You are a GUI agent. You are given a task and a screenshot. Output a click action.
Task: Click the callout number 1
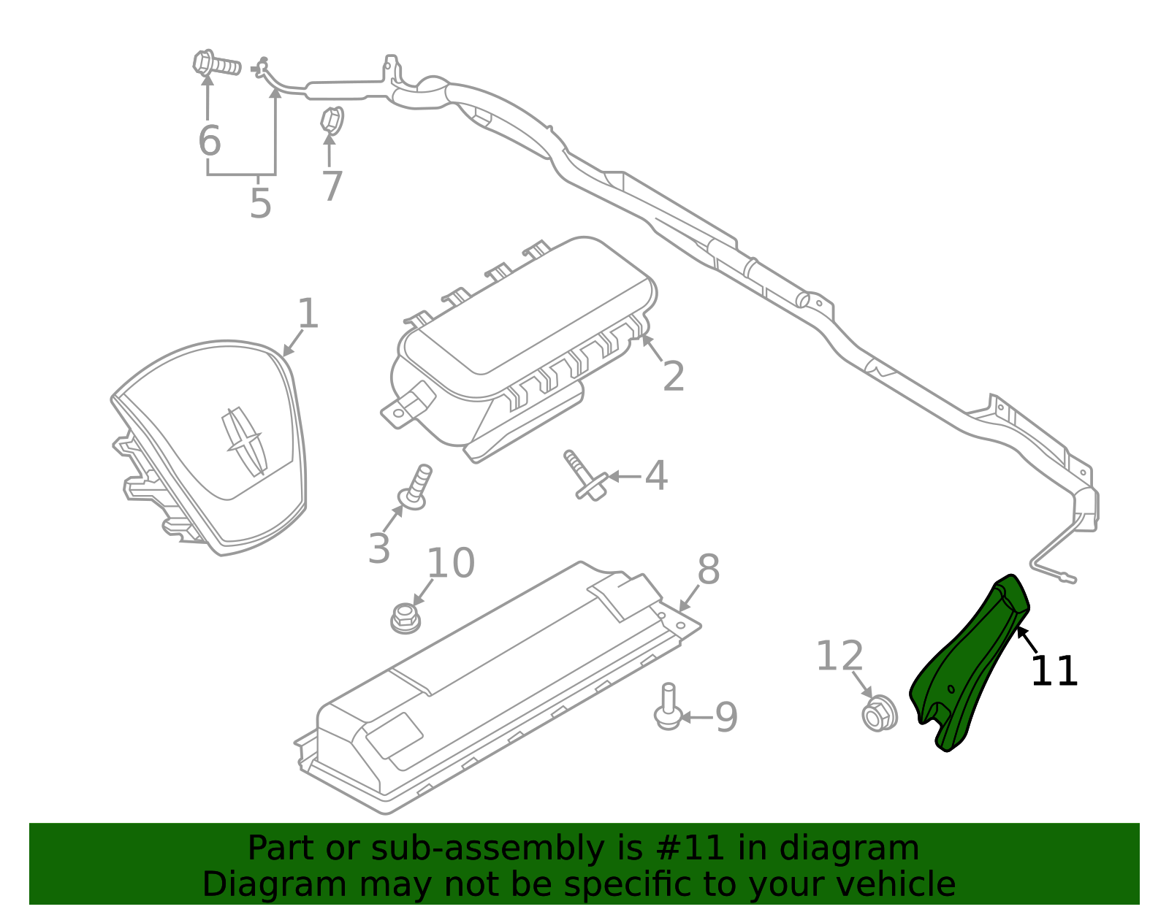click(x=308, y=314)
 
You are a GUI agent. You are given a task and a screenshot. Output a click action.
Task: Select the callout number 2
click(x=673, y=377)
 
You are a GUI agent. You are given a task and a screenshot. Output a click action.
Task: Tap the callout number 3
click(x=379, y=548)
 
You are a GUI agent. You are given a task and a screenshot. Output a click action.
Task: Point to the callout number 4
click(x=655, y=476)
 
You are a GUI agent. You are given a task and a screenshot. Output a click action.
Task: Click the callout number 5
click(x=260, y=204)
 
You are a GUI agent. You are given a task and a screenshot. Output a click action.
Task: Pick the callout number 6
click(x=209, y=140)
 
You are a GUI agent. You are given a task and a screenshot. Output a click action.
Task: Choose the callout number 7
click(x=332, y=187)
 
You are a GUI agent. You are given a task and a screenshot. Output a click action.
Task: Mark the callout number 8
click(x=708, y=570)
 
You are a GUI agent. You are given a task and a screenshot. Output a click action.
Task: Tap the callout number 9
click(x=726, y=718)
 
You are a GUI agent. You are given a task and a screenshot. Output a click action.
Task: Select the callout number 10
click(x=450, y=564)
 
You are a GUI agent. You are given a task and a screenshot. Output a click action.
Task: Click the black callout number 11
click(x=1054, y=671)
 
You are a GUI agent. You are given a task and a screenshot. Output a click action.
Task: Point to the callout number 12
click(x=839, y=656)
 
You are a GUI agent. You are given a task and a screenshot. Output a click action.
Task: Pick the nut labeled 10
click(x=405, y=618)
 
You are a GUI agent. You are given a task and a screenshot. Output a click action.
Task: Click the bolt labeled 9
click(x=668, y=706)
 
